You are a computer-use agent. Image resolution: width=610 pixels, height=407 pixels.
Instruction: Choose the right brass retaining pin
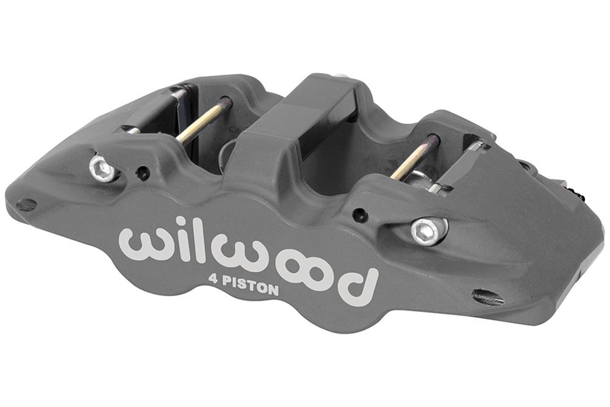pos(415,157)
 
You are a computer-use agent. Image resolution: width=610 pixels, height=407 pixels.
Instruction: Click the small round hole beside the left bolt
pos(143,173)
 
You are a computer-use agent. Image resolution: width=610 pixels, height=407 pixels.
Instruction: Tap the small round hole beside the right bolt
pos(361,215)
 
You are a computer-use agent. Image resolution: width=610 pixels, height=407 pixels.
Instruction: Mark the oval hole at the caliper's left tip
pos(25,205)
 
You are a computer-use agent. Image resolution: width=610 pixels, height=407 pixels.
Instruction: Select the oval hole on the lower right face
pos(488,297)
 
